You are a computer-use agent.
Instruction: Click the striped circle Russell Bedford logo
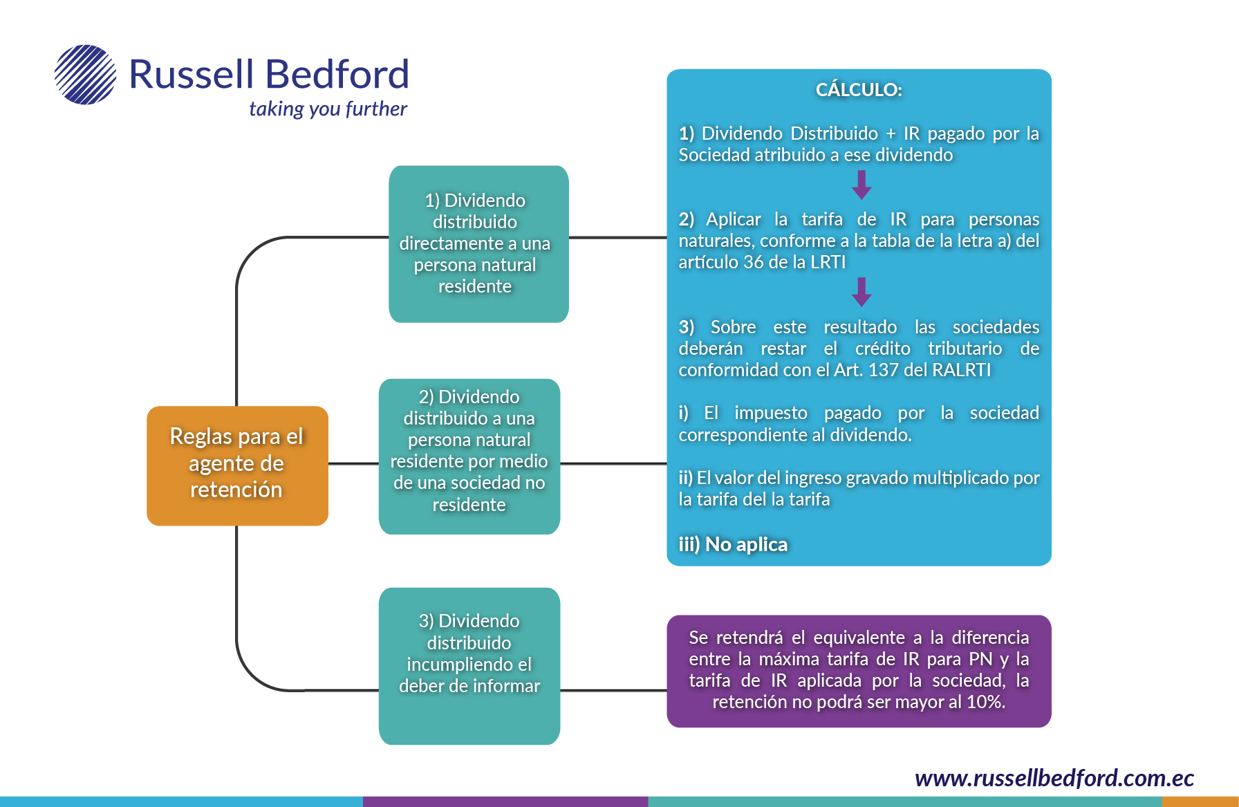click(85, 75)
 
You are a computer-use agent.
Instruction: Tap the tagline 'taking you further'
click(328, 109)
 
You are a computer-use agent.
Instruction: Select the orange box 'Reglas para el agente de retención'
click(237, 465)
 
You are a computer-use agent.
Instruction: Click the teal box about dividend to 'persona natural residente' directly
click(478, 243)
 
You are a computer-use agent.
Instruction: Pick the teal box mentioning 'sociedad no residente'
click(469, 456)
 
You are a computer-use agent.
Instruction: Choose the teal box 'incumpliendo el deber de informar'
click(469, 665)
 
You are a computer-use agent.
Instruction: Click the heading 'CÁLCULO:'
click(859, 90)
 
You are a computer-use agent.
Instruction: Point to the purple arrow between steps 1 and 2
click(861, 185)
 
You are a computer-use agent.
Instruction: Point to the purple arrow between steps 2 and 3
click(861, 292)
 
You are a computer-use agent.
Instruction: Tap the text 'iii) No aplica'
click(733, 545)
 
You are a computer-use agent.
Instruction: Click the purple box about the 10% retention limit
click(859, 671)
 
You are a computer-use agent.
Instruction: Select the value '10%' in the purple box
click(984, 702)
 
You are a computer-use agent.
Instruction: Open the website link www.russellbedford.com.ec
click(1054, 778)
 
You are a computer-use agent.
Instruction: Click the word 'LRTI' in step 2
click(828, 262)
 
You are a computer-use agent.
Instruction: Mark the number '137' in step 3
click(883, 370)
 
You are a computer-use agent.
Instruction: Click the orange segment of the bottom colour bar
click(1200, 801)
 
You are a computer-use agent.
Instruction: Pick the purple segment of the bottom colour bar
click(505, 801)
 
